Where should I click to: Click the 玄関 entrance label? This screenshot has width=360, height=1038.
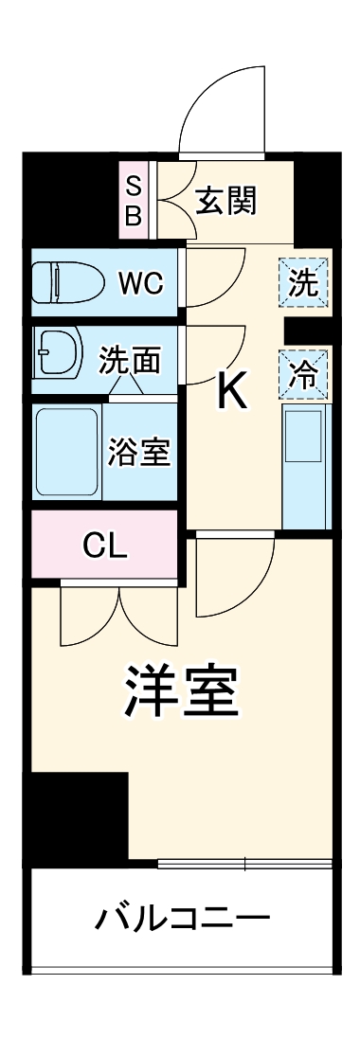225,201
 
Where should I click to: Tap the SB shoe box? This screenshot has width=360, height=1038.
134,201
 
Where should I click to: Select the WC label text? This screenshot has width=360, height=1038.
140,283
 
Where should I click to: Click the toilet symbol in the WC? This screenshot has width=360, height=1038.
63,282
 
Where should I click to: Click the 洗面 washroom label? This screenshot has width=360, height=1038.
130,361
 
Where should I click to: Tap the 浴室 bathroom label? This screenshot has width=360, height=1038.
138,453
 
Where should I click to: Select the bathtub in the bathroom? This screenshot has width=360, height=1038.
66,452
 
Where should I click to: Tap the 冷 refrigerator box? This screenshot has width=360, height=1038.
304,376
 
